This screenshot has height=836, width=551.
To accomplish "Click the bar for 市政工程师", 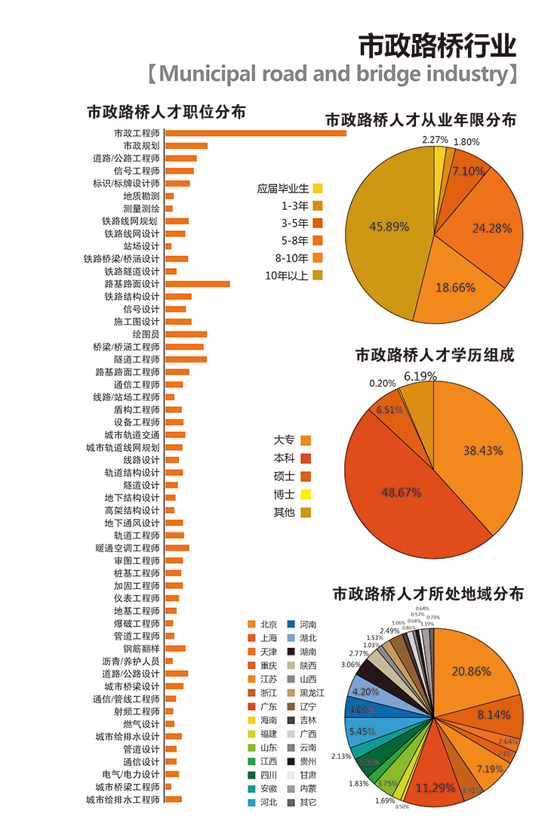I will coord(255,133).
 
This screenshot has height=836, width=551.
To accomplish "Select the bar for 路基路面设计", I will coord(197,284).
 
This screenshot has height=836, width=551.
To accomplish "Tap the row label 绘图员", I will coord(146,334).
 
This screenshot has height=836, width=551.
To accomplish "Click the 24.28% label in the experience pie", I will coord(492,227).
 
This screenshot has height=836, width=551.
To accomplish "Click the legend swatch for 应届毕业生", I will coord(318,188).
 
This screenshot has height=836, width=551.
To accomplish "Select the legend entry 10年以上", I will coord(287,275).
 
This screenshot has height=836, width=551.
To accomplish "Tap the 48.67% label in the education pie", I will coord(401,492).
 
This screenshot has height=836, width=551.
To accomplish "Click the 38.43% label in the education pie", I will coord(483,450).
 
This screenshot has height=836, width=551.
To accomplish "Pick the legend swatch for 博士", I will coord(306,495).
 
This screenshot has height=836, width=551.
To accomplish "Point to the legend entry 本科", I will coord(284,458).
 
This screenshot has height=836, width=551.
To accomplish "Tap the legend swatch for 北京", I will coord(251,625).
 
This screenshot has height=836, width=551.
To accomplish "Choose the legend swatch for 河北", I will coord(251,801).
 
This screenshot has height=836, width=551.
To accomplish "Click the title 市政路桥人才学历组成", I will coord(434,354).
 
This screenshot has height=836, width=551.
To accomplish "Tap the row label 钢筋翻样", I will coord(141,649).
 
